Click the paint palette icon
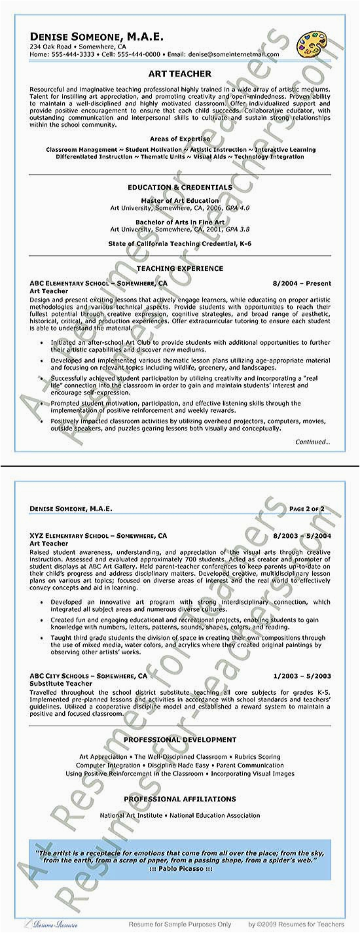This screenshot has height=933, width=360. pos(311,45)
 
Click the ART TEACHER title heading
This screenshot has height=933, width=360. pos(180,75)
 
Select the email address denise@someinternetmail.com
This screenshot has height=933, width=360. pos(231,54)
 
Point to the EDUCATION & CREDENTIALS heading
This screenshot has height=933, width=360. pos(180,188)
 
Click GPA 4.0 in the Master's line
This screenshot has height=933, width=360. pos(236,208)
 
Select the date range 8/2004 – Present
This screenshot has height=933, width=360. pos(302,284)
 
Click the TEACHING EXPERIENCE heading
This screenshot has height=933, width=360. pos(180,268)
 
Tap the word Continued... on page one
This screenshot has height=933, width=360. pos(313,442)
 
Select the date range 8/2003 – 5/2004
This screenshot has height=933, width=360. pos(302,536)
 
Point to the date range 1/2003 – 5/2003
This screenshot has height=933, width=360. pos(302,675)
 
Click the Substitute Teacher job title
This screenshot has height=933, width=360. pos(61,683)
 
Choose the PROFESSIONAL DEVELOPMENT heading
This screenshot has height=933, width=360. pos(180,740)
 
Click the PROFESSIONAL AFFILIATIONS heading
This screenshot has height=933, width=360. pos(180,799)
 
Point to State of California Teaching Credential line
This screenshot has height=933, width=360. pos(180,243)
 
